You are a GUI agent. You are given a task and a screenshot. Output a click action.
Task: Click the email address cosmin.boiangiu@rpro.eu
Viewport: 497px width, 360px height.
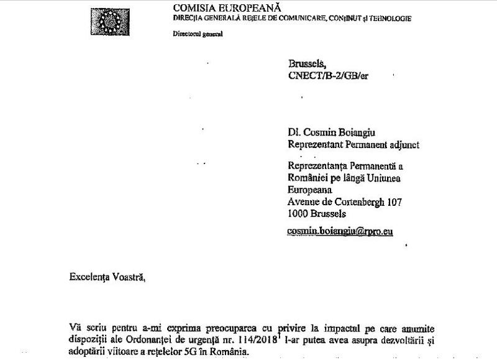[x=340, y=230]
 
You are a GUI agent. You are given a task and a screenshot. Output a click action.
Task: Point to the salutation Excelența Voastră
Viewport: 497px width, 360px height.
[x=106, y=277]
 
